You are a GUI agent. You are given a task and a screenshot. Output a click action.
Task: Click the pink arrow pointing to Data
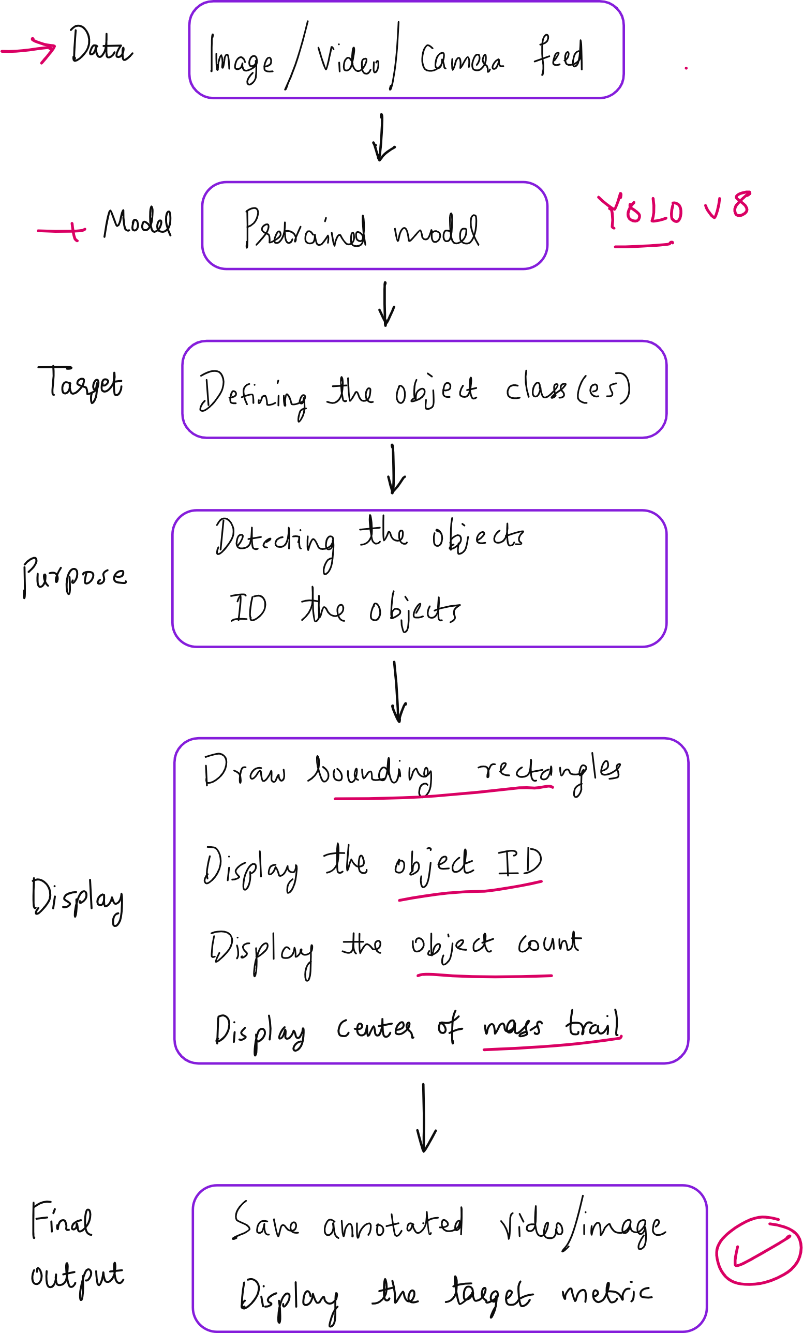point(28,50)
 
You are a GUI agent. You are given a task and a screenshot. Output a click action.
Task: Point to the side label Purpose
point(75,576)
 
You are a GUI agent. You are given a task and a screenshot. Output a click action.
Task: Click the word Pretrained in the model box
point(305,229)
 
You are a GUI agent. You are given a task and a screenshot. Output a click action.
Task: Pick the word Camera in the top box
point(462,59)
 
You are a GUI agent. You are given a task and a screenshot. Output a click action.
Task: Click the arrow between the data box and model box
point(383,138)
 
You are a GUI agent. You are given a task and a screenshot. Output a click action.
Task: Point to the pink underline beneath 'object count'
point(484,976)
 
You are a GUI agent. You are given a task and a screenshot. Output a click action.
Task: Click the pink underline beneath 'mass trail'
point(552,1044)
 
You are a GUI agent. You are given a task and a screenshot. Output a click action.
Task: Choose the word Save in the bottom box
point(265,1223)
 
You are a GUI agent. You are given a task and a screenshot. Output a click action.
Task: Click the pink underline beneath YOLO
point(643,245)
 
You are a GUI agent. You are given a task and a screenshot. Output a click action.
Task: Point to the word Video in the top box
point(348,60)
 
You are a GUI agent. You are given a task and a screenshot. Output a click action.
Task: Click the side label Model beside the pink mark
point(138,222)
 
